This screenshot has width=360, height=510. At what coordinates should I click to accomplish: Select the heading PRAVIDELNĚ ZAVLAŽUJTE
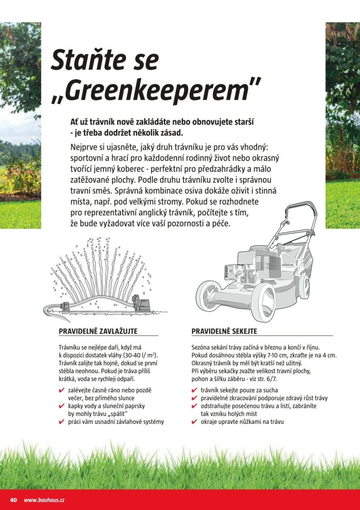pyautogui.click(x=98, y=331)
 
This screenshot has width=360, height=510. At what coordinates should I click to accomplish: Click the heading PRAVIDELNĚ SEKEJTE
pyautogui.click(x=224, y=331)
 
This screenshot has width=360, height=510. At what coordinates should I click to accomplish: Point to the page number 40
pyautogui.click(x=13, y=500)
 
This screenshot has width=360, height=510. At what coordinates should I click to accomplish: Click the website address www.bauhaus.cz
pyautogui.click(x=44, y=500)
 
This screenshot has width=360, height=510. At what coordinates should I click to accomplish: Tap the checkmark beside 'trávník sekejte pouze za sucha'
pyautogui.click(x=194, y=390)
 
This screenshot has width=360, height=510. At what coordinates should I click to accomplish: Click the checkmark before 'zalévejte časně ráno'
pyautogui.click(x=62, y=390)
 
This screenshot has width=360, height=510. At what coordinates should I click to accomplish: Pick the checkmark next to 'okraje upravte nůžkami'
pyautogui.click(x=194, y=422)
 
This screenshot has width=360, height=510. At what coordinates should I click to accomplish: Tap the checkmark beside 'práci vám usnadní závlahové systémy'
pyautogui.click(x=62, y=422)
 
